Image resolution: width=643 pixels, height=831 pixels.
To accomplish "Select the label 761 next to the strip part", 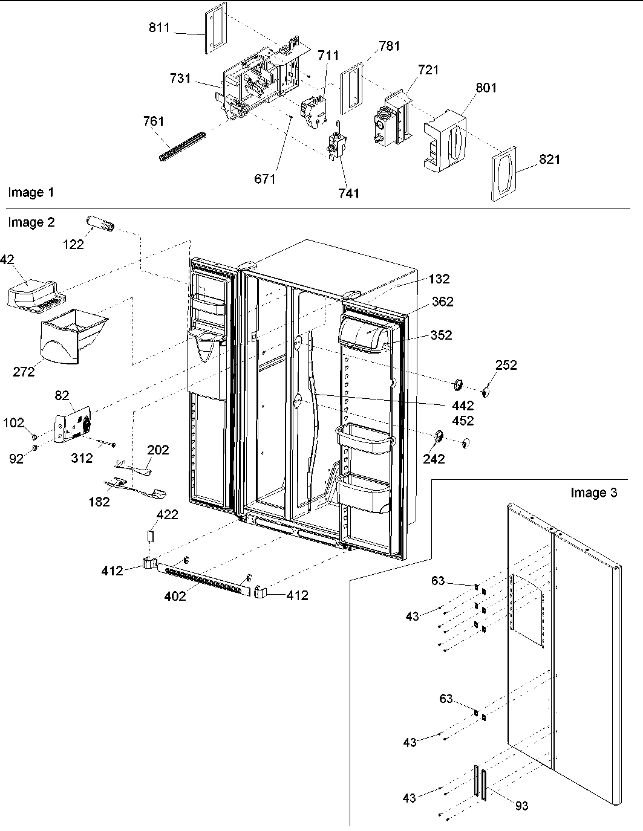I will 153,121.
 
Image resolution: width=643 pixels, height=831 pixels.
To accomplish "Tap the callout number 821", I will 549,160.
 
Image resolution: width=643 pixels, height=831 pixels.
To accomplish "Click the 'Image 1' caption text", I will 31,193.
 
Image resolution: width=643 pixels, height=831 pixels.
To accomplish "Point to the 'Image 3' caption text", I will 594,493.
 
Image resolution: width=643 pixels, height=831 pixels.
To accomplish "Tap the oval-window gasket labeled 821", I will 503,173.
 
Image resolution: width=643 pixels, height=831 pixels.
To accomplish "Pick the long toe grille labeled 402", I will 203,579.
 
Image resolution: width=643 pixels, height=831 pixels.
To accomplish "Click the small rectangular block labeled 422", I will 151,536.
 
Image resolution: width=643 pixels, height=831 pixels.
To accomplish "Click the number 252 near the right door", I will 506,365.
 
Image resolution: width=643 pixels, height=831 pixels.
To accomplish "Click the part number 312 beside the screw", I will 82,458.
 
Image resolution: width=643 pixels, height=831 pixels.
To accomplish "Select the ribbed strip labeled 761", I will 181,147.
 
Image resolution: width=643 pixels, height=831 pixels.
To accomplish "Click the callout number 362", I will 442,302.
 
